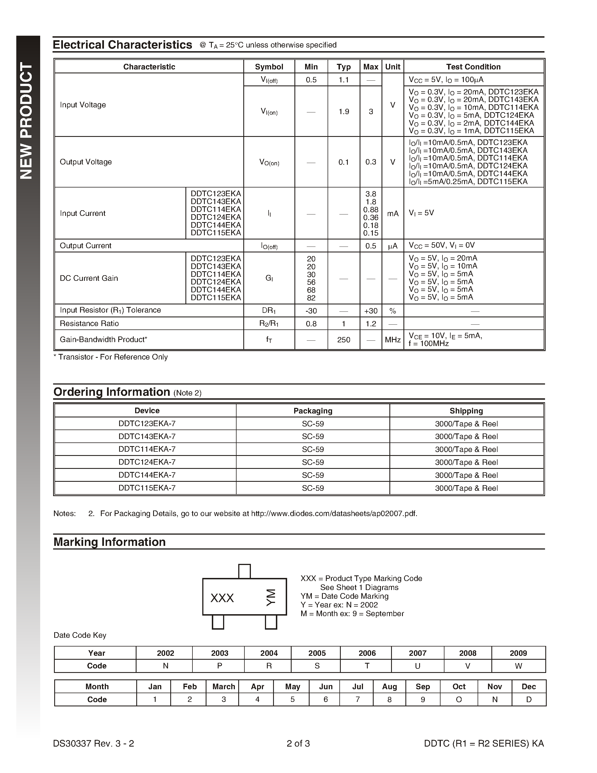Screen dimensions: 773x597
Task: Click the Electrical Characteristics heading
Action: tap(122, 45)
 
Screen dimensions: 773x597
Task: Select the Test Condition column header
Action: tap(473, 67)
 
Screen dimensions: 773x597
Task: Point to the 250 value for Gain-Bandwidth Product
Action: tap(343, 340)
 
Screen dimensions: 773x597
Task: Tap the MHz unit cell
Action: tap(392, 340)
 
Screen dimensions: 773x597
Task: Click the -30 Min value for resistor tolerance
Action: tap(311, 311)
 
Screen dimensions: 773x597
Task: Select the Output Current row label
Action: tap(86, 246)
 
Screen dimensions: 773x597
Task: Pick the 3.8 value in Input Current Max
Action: tap(371, 194)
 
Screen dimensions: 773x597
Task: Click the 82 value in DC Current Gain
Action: tap(311, 298)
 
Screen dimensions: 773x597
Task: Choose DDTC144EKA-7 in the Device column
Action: tap(147, 475)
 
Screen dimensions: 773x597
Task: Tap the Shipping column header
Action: tap(466, 411)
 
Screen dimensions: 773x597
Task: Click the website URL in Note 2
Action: tap(334, 514)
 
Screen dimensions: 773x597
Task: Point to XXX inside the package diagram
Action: tap(222, 598)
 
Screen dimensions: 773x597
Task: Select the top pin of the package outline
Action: tap(244, 571)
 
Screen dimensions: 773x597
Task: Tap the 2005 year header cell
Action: tap(317, 653)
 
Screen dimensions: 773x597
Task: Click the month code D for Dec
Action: tap(529, 699)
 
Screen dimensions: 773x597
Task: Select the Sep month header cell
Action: tap(423, 687)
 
